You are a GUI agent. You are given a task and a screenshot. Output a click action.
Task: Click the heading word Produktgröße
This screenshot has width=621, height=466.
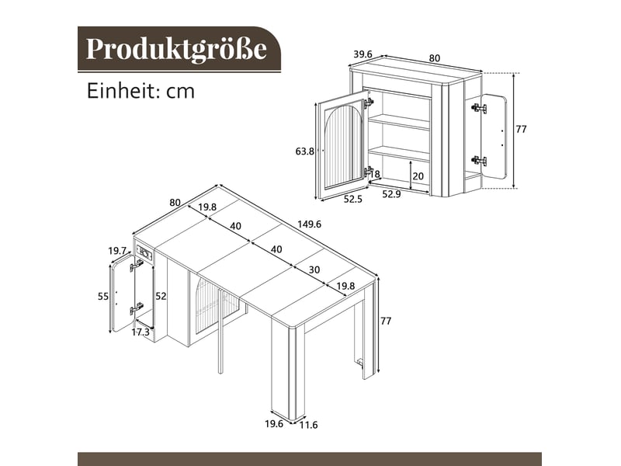[x=176, y=50]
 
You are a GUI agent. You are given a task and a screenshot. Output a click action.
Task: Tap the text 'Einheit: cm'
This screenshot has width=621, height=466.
[x=141, y=91]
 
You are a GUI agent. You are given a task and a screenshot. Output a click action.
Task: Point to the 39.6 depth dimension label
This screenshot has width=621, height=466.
[x=363, y=54]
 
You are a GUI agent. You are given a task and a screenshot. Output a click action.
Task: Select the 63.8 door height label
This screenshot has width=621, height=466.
[x=304, y=151]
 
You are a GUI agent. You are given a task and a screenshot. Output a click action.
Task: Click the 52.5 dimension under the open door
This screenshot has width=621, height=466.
[x=352, y=199]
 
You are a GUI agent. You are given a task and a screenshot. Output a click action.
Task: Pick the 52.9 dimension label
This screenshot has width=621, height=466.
[x=391, y=194]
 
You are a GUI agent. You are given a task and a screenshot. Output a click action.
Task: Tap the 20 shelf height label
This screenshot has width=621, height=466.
[x=418, y=176]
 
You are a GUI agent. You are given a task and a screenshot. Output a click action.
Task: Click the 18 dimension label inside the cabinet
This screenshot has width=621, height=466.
[x=375, y=174]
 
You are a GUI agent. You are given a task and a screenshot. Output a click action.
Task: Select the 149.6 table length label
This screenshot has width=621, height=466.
[x=309, y=224]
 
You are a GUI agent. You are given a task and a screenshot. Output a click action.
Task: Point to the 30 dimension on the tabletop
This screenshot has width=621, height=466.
[x=314, y=270]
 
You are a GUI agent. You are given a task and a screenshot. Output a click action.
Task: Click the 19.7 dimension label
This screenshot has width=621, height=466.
[x=117, y=251]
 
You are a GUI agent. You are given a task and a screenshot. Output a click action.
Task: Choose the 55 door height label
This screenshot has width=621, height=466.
[x=103, y=296]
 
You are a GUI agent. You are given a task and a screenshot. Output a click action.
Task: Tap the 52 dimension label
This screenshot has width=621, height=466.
[x=161, y=296]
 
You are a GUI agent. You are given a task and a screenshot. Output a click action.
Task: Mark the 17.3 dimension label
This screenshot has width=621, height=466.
[x=141, y=332]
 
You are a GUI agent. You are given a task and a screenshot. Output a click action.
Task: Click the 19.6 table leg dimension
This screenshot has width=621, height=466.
[x=274, y=423]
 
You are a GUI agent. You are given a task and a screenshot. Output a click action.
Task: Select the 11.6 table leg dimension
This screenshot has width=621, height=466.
[x=308, y=425]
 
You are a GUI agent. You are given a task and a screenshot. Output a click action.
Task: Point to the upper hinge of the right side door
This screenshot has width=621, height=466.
[x=479, y=108]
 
